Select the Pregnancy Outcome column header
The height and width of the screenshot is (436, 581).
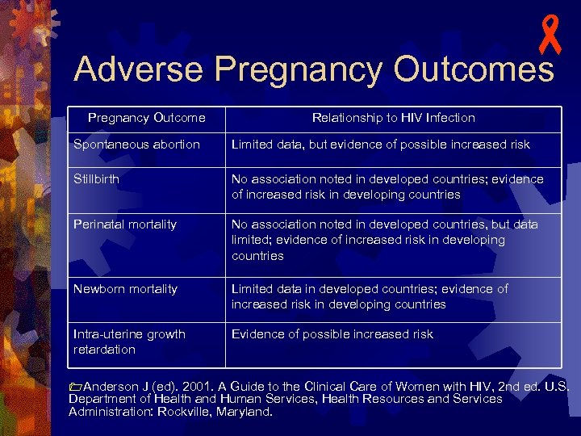(x=146, y=118)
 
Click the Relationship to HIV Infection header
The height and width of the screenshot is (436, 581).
(x=393, y=118)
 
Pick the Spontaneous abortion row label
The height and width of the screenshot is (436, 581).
(x=136, y=145)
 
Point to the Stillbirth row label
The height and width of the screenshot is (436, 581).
(x=96, y=178)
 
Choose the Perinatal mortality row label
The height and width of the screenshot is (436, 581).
(x=125, y=224)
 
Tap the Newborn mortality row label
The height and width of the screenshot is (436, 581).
(x=125, y=288)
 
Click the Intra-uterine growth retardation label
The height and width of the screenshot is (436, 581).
(x=129, y=342)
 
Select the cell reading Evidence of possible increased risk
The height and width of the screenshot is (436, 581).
(x=332, y=334)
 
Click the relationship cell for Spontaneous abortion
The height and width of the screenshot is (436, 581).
(x=381, y=145)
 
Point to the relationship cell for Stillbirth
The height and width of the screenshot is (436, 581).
(x=387, y=187)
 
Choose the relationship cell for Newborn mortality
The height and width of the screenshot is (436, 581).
(x=370, y=296)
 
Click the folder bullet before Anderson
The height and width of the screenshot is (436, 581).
(x=75, y=387)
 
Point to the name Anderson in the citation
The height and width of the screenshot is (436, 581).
(x=111, y=386)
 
